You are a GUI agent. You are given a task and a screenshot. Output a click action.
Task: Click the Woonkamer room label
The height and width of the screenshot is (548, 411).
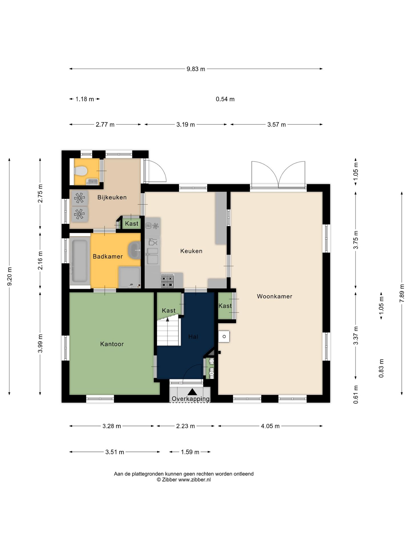click(274, 296)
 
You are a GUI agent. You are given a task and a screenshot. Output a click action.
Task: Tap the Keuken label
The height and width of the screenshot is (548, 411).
click(191, 251)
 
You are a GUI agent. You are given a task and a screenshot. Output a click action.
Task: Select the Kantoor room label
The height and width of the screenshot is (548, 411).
click(112, 344)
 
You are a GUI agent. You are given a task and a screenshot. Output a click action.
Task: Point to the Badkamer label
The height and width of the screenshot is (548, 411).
click(108, 256)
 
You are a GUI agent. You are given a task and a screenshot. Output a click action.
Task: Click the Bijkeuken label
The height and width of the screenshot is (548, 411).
click(112, 197)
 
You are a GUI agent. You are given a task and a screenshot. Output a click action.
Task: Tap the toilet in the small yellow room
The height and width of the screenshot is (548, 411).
click(80, 171)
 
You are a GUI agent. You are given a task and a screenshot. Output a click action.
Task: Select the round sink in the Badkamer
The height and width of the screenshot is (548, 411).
click(134, 250)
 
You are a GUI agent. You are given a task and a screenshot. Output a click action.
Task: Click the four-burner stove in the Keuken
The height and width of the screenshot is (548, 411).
click(167, 281)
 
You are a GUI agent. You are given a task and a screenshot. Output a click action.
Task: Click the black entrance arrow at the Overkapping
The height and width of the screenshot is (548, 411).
click(192, 392)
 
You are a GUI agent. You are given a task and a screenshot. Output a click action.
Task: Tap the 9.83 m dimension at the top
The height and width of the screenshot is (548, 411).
click(196, 69)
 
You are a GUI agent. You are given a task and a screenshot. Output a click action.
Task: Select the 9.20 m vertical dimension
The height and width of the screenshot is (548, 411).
click(9, 277)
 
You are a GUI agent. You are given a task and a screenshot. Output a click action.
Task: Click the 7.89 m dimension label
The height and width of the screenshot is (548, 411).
click(402, 293)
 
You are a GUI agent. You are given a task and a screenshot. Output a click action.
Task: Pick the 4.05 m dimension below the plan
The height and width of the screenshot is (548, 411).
click(270, 426)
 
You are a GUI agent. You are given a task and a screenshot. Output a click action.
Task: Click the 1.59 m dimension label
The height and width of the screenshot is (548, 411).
click(190, 452)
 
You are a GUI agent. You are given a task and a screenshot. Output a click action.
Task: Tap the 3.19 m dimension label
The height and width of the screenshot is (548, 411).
click(186, 124)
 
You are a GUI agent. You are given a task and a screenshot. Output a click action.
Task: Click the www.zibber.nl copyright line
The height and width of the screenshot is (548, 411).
click(184, 480)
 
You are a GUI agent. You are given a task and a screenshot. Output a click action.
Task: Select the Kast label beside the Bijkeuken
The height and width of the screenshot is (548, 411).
click(132, 223)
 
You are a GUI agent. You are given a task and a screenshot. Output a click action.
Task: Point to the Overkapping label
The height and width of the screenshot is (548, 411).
click(191, 399)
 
